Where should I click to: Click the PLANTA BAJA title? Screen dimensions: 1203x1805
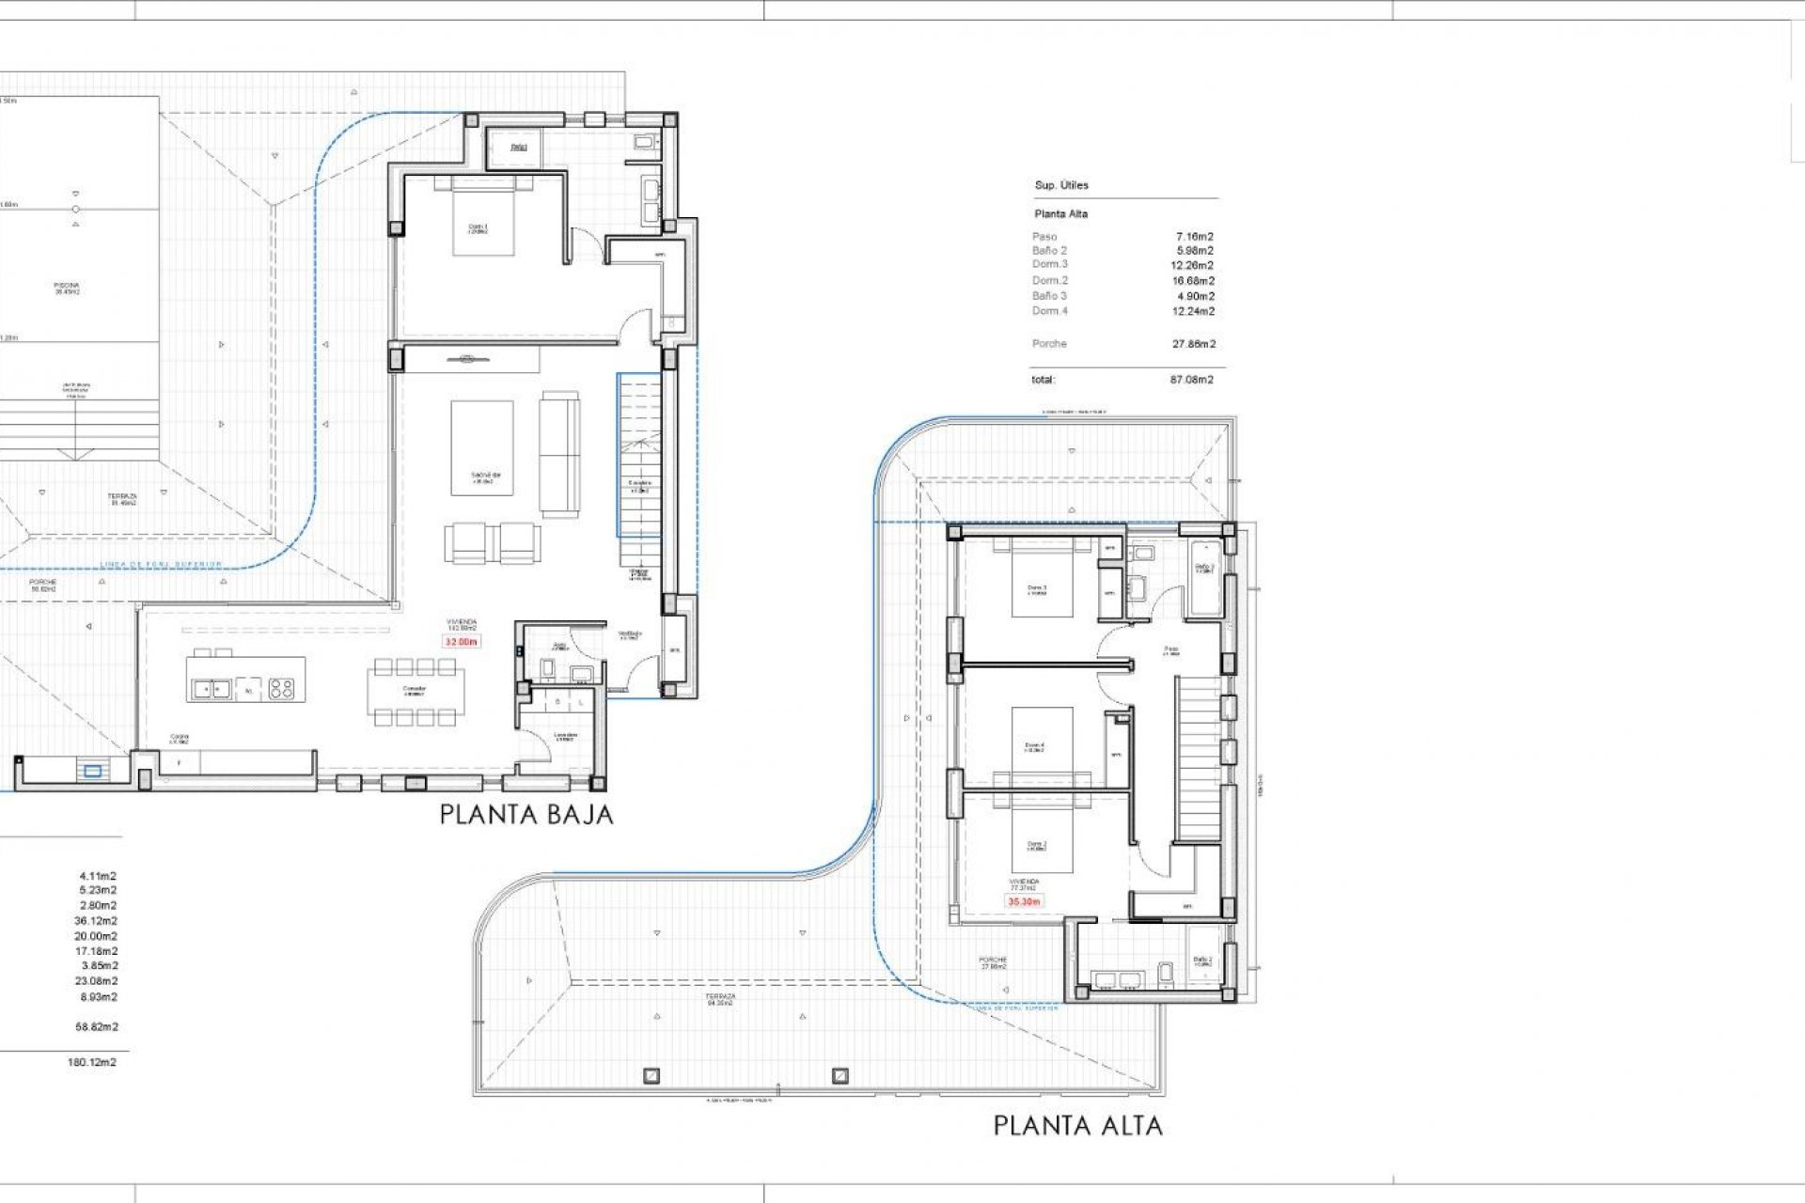[526, 814]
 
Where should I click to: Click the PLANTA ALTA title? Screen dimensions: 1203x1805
[1077, 1125]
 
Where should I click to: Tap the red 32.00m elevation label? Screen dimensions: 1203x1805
[462, 642]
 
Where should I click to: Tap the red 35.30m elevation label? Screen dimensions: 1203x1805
[1024, 901]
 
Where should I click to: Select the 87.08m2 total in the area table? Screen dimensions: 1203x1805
[1191, 380]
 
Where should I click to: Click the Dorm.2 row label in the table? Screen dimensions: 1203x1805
[1050, 280]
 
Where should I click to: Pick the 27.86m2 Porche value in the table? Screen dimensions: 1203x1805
[1193, 344]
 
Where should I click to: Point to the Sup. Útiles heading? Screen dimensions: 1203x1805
[1061, 185]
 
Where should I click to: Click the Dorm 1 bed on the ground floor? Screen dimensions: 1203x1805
[483, 218]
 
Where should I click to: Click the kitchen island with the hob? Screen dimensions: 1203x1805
[245, 679]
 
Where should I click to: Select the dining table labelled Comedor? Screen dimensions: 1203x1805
[415, 691]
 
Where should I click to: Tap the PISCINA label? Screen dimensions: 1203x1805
[67, 288]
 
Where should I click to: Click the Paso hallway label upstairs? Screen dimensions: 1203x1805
[1170, 649]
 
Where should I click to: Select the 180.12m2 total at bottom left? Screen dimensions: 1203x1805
[92, 1062]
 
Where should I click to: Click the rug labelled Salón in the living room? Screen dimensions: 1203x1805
[482, 447]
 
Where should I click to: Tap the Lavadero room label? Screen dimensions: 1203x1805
[564, 737]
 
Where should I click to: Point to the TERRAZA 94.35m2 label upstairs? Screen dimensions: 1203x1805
[722, 999]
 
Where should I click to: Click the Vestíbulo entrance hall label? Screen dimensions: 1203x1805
[629, 635]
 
